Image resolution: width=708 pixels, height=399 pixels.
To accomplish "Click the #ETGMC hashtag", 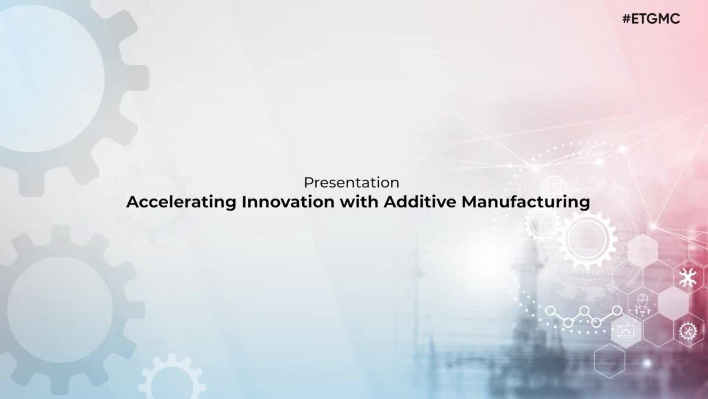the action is click(x=651, y=19).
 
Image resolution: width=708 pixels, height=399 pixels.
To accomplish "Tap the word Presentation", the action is click(x=351, y=183).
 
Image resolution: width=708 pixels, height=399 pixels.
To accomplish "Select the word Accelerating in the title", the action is click(x=181, y=202).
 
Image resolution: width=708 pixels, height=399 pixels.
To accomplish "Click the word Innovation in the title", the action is click(x=288, y=202).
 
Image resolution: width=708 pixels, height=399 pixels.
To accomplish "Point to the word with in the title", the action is click(x=359, y=202).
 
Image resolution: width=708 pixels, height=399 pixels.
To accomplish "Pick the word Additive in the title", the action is click(x=420, y=202).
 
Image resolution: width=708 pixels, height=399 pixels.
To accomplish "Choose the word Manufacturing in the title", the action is click(x=526, y=202).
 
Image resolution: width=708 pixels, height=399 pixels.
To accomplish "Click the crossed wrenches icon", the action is click(x=688, y=278).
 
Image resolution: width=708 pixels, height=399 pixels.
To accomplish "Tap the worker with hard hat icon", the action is click(x=642, y=304).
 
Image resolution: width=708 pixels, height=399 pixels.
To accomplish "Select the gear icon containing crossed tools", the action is click(x=688, y=331).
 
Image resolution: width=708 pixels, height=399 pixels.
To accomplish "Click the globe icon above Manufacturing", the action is click(x=554, y=187).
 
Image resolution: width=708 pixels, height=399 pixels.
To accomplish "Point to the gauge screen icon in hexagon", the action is click(x=626, y=331).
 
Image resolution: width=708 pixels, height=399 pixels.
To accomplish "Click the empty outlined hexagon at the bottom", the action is click(x=609, y=361).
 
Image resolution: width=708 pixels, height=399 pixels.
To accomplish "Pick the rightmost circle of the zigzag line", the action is click(x=617, y=311).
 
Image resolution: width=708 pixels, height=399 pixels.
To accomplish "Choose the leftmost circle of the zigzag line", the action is click(x=550, y=311).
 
